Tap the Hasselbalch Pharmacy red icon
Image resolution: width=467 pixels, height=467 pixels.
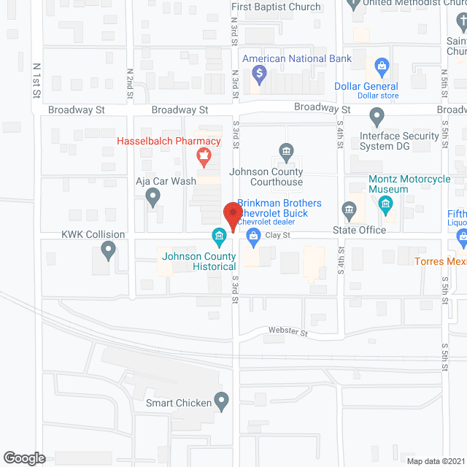tap(203, 155)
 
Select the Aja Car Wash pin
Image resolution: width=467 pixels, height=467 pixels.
tap(153, 195)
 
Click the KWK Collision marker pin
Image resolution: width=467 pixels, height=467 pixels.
tap(108, 251)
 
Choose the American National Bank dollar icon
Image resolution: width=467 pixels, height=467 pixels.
tap(258, 73)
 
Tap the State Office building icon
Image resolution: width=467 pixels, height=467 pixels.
tap(349, 212)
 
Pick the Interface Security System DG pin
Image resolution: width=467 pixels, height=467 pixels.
tap(377, 117)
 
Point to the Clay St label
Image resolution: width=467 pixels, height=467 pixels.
tap(277, 235)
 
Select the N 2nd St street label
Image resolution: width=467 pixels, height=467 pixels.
tap(130, 85)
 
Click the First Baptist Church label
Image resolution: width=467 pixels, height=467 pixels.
tap(276, 7)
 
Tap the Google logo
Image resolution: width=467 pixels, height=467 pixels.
tap(23, 458)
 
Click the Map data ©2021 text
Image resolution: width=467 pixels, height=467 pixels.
tap(435, 460)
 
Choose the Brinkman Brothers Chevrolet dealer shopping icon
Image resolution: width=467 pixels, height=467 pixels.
tap(253, 235)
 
